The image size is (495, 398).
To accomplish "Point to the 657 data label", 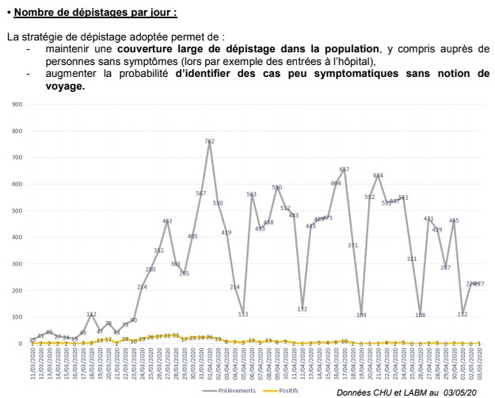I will pos(344,170).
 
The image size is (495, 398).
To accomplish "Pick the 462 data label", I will pos(167,221).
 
